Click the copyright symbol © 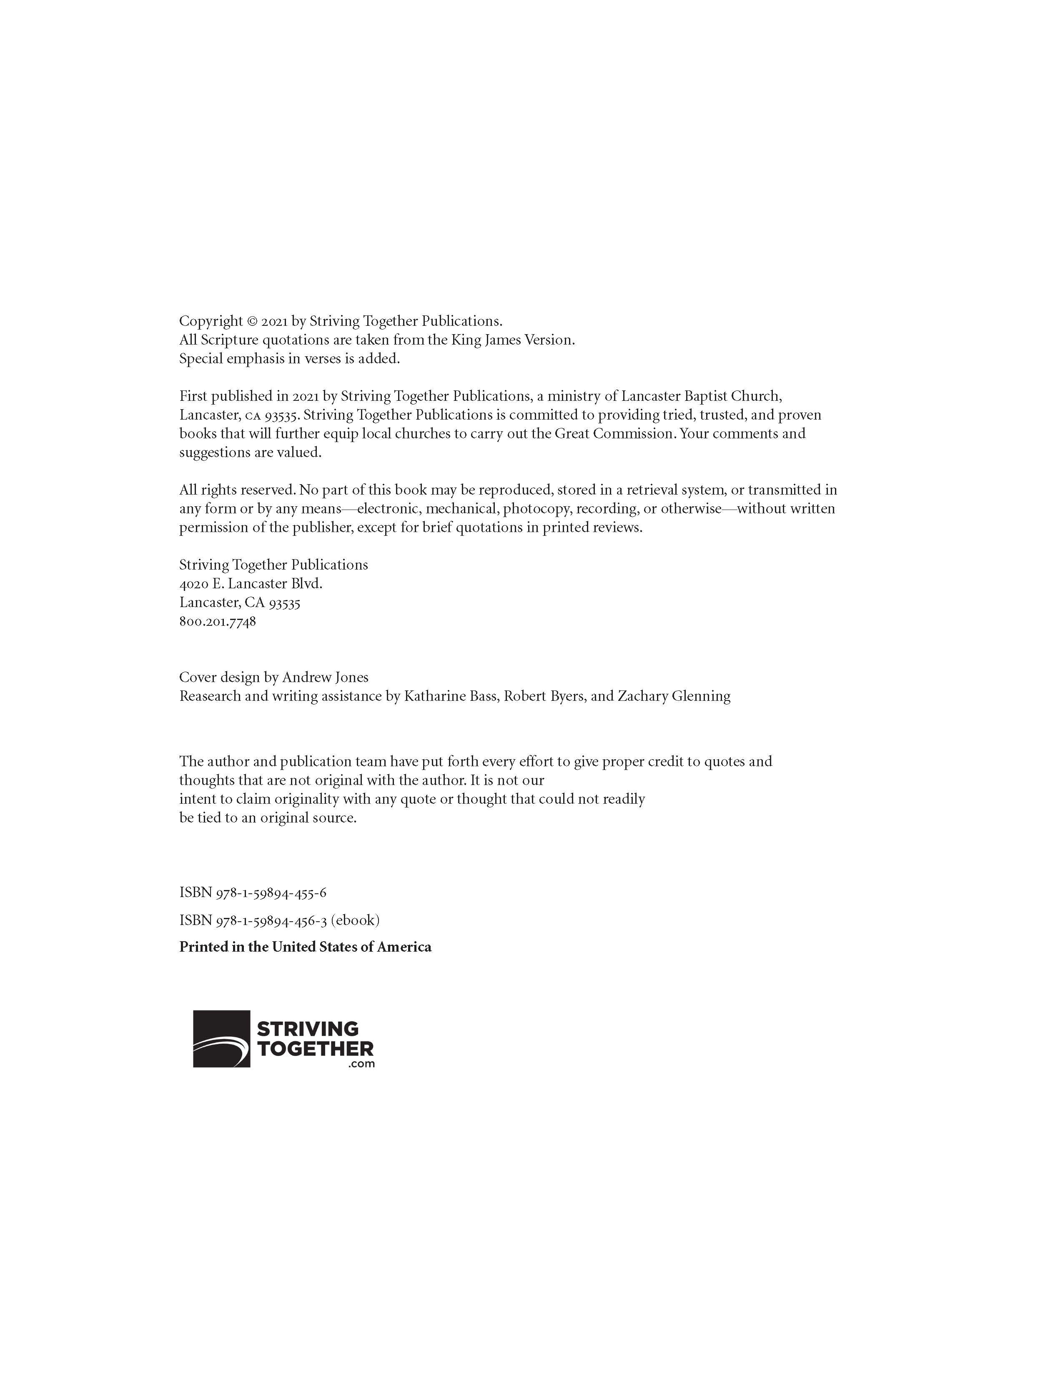(252, 322)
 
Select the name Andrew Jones (325, 677)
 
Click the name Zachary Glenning (674, 696)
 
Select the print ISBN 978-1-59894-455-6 (253, 893)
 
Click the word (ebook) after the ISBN (355, 920)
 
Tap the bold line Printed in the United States (306, 947)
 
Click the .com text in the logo (361, 1064)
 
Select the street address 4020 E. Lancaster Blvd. (251, 584)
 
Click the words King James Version (513, 340)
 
